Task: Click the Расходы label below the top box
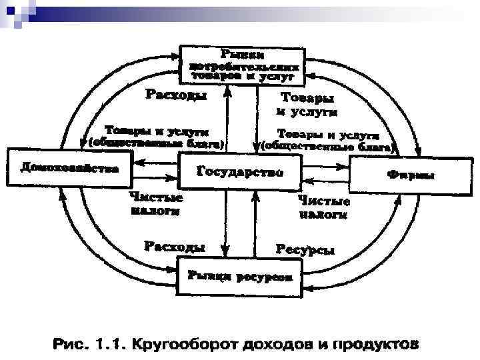coord(175,95)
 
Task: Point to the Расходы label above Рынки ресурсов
coord(175,247)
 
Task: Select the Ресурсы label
coord(305,249)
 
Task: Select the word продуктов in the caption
coord(371,345)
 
